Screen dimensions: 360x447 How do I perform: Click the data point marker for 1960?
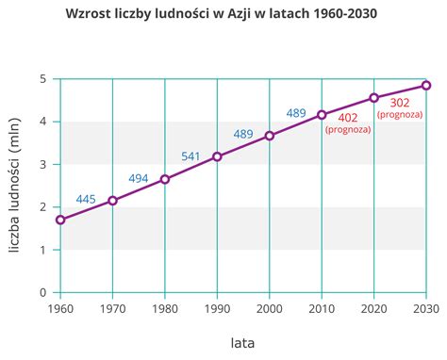click(60, 220)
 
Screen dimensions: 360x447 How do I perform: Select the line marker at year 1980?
click(165, 179)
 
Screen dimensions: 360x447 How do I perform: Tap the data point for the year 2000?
click(270, 136)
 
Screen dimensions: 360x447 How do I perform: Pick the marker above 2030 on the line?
click(426, 86)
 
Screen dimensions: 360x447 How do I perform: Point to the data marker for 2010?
click(322, 115)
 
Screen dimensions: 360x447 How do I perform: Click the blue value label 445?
click(87, 199)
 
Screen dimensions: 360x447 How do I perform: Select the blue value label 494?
click(139, 178)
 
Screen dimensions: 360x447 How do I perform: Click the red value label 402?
click(348, 117)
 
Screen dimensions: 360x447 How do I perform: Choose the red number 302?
click(400, 101)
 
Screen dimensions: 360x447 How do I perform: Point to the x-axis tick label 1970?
click(113, 308)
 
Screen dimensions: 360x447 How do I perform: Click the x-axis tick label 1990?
click(217, 308)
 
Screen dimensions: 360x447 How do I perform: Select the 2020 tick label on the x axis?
click(373, 308)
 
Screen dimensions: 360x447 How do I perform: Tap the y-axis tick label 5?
click(43, 79)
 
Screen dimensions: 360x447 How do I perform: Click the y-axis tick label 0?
click(43, 292)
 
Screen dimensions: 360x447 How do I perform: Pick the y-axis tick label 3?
click(43, 165)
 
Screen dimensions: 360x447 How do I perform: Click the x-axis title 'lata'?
click(242, 340)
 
